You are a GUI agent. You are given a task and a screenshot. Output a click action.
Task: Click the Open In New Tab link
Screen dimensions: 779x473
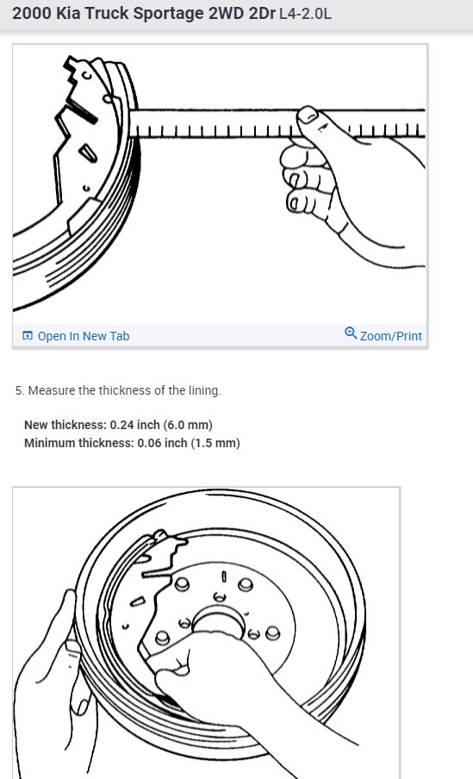[x=83, y=336]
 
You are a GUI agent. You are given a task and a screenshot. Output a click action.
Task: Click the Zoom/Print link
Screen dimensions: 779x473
[x=390, y=336]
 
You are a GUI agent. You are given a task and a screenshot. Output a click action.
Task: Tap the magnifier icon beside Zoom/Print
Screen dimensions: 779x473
[x=351, y=333]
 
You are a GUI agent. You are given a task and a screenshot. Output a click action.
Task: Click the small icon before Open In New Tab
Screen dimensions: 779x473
[x=28, y=336]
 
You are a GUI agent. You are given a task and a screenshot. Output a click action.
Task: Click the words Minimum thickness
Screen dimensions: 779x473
[x=78, y=444]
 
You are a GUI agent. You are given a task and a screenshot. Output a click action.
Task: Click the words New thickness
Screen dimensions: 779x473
[x=65, y=426]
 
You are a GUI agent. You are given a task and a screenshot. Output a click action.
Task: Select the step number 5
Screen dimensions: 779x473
[x=19, y=390]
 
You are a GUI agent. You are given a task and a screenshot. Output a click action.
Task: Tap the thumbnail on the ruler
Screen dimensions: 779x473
[x=308, y=115]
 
